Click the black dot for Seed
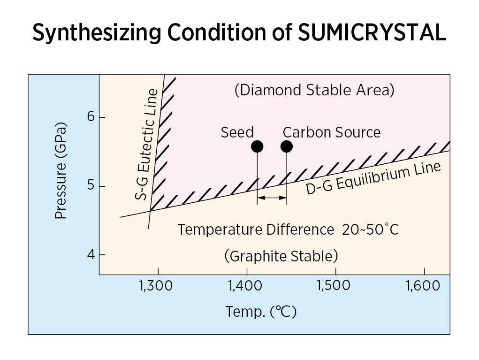[x=257, y=146]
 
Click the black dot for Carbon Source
[x=287, y=146]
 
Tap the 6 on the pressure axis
[x=91, y=117]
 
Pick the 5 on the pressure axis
[x=91, y=186]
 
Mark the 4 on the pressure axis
[x=90, y=255]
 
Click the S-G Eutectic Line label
[x=146, y=145]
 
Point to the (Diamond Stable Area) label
[x=314, y=90]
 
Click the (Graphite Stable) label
[x=281, y=257]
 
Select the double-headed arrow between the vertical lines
[x=272, y=198]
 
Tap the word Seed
[x=237, y=132]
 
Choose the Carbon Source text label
[x=332, y=132]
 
